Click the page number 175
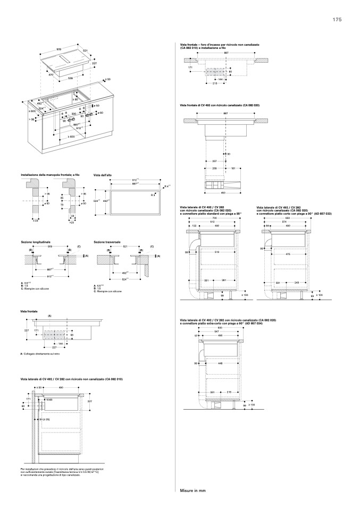(337, 20)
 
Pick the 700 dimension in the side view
(214, 218)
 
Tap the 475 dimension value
(288, 254)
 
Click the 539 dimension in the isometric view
(71, 78)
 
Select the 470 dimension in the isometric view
(51, 75)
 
